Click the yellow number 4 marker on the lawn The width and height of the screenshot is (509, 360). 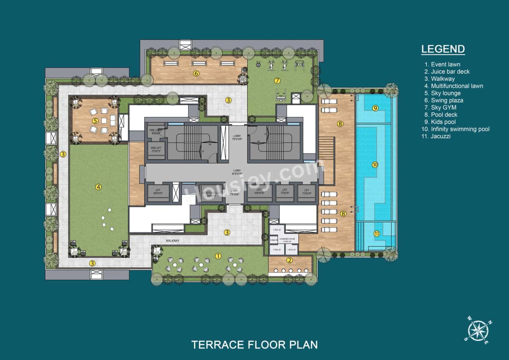[x=97, y=186]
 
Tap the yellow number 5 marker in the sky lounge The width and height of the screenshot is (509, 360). [x=95, y=121]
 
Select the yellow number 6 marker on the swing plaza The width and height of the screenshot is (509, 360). [x=196, y=73]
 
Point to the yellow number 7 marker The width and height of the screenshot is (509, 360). [x=277, y=81]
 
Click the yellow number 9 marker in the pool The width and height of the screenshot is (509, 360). [x=375, y=108]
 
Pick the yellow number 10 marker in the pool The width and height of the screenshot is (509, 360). [x=375, y=165]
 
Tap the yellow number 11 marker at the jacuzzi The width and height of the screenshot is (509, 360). [x=377, y=234]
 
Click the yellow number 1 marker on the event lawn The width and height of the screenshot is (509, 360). [x=218, y=256]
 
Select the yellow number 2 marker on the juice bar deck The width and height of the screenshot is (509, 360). [x=289, y=260]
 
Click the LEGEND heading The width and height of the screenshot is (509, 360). [x=443, y=49]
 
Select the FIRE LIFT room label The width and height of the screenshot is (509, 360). [x=155, y=149]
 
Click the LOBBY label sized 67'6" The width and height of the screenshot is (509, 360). [x=237, y=172]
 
